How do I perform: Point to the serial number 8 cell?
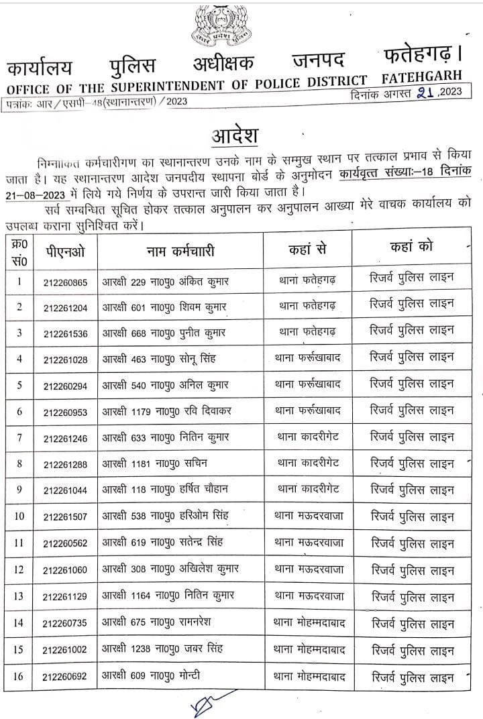[x=20, y=464]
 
